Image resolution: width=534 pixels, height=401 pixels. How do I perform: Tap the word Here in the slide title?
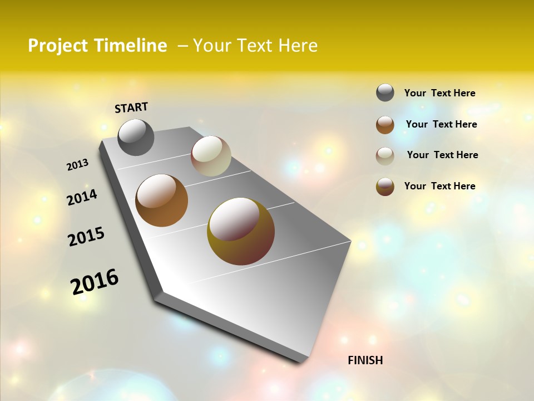298,46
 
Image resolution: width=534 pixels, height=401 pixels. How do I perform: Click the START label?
131,107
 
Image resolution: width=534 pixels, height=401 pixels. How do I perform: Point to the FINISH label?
365,360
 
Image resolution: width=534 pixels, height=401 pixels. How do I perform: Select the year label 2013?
77,165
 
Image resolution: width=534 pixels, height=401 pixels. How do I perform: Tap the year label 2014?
82,197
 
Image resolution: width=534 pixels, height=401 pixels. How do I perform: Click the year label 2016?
95,282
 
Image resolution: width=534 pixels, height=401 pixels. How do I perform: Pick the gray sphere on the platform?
136,137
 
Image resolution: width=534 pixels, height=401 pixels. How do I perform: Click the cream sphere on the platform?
211,156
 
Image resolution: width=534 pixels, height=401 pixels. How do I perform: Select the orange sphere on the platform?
161,200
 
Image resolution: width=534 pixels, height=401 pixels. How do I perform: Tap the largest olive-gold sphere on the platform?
241,231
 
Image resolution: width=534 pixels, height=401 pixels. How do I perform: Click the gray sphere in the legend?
385,92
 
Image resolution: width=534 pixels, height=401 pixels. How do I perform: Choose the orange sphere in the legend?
385,125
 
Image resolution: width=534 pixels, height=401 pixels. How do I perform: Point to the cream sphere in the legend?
385,155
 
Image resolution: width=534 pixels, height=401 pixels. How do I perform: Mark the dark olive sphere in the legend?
385,187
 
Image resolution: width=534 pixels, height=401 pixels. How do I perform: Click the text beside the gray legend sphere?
439,93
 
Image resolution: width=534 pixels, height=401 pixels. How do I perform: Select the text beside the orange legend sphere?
441,124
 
